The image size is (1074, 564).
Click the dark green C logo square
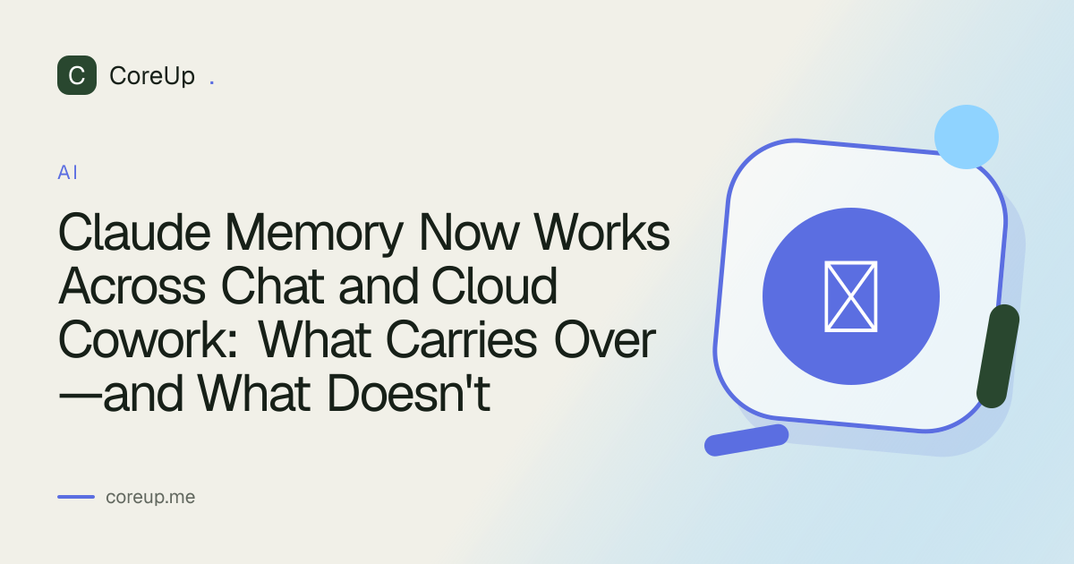point(77,75)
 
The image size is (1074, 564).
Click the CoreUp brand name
point(152,76)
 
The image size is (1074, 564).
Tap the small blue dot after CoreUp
point(212,83)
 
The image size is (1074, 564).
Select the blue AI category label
point(68,173)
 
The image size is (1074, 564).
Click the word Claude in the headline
point(134,233)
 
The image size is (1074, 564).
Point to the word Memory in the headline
point(314,235)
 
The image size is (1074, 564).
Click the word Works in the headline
point(601,233)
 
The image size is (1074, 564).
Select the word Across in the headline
point(132,286)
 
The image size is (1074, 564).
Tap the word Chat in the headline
point(272,286)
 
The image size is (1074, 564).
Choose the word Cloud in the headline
point(494,286)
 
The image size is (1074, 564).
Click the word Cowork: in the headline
point(148,340)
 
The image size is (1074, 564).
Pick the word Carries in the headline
point(461,340)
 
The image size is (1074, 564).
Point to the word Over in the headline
point(605,340)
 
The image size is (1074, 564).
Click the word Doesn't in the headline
point(409,394)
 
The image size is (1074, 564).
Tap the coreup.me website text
point(150,498)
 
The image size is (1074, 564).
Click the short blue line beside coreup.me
point(76,497)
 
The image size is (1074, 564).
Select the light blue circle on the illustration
point(966,137)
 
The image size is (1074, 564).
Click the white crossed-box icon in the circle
point(851,296)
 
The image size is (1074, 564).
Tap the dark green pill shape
point(998,356)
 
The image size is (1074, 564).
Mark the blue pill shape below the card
point(746,440)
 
